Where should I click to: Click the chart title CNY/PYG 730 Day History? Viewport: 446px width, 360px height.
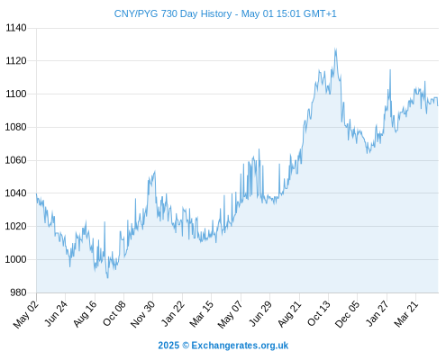pyautogui.click(x=173, y=13)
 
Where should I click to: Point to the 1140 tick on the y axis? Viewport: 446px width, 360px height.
pyautogui.click(x=16, y=28)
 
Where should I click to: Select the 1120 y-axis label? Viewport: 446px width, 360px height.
pyautogui.click(x=16, y=61)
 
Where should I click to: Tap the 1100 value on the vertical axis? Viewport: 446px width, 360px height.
pyautogui.click(x=16, y=94)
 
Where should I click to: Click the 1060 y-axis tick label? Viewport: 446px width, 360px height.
pyautogui.click(x=15, y=160)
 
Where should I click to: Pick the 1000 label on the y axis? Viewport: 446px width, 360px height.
pyautogui.click(x=15, y=259)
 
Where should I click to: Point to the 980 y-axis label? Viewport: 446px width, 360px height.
pyautogui.click(x=18, y=292)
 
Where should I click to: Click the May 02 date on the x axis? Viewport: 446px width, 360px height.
pyautogui.click(x=26, y=314)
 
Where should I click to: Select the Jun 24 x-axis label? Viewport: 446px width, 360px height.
pyautogui.click(x=56, y=313)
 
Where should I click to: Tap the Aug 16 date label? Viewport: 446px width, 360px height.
pyautogui.click(x=86, y=314)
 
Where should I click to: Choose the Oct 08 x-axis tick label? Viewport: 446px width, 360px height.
pyautogui.click(x=114, y=313)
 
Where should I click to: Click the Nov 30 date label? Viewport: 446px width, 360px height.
pyautogui.click(x=142, y=314)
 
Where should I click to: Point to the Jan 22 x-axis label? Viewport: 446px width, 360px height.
pyautogui.click(x=173, y=313)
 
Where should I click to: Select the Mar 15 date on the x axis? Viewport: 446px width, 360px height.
pyautogui.click(x=202, y=314)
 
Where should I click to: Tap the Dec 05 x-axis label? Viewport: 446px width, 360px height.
pyautogui.click(x=347, y=314)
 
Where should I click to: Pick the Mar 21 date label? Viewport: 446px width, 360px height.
pyautogui.click(x=406, y=314)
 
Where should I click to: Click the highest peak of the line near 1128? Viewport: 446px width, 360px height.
pyautogui.click(x=335, y=49)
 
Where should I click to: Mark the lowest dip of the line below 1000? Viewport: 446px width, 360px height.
pyautogui.click(x=107, y=278)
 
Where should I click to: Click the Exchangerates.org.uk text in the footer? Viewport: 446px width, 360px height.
pyautogui.click(x=240, y=346)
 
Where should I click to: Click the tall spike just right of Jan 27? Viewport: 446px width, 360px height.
pyautogui.click(x=390, y=70)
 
